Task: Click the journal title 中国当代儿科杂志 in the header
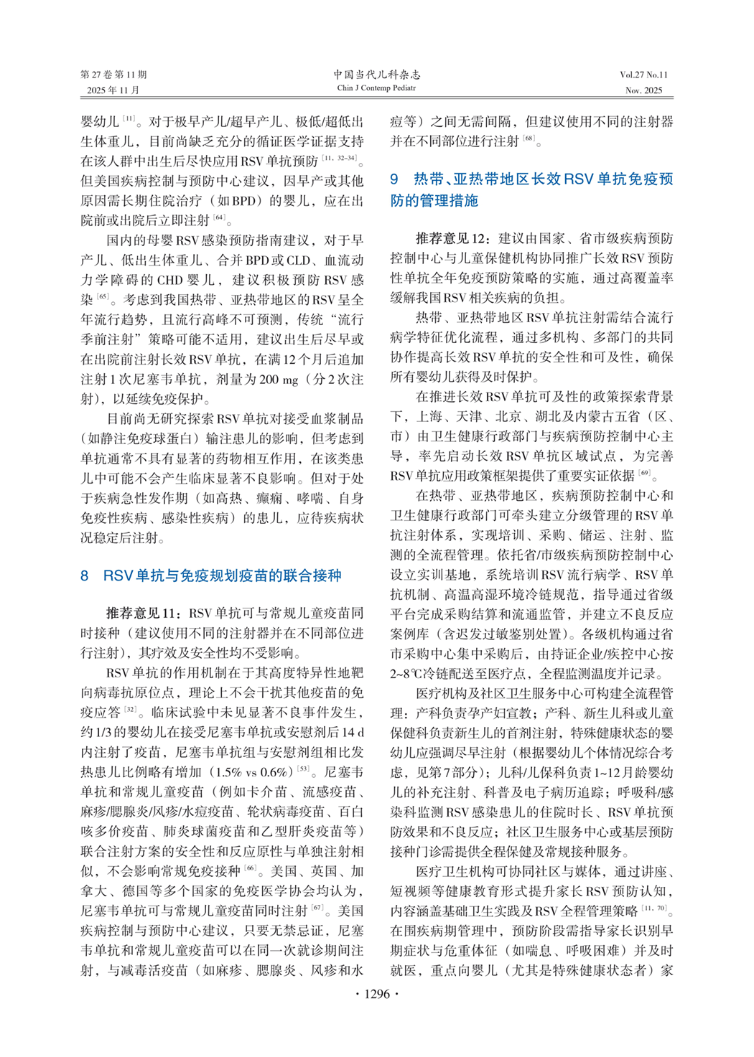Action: tap(376, 75)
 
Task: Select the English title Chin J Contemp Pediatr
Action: tap(376, 88)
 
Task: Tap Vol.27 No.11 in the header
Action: tap(643, 75)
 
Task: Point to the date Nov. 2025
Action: tap(643, 90)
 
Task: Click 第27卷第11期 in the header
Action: tap(113, 75)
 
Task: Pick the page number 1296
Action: tap(377, 994)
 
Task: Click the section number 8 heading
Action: tap(85, 576)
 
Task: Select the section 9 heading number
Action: tap(394, 179)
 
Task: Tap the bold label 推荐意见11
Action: tap(141, 613)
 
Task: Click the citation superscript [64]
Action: tap(220, 217)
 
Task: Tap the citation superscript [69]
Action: tap(645, 473)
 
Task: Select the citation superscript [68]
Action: tap(529, 138)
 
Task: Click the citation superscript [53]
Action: tap(304, 769)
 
